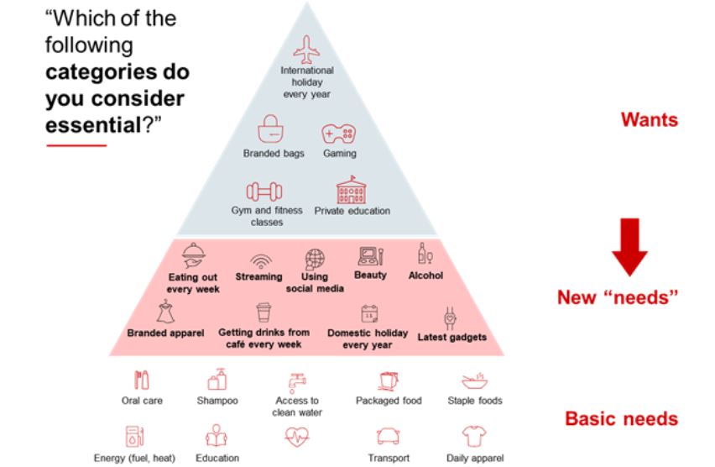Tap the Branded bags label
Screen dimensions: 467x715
pos(274,154)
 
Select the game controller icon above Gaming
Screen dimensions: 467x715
pos(340,133)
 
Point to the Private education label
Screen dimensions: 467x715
pos(352,211)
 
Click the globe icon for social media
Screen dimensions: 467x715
pos(314,257)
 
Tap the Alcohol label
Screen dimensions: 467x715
pos(425,275)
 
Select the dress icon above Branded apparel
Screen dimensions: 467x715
pos(165,313)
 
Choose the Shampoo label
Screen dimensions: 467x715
pos(217,401)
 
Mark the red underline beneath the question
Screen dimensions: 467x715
pos(76,146)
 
